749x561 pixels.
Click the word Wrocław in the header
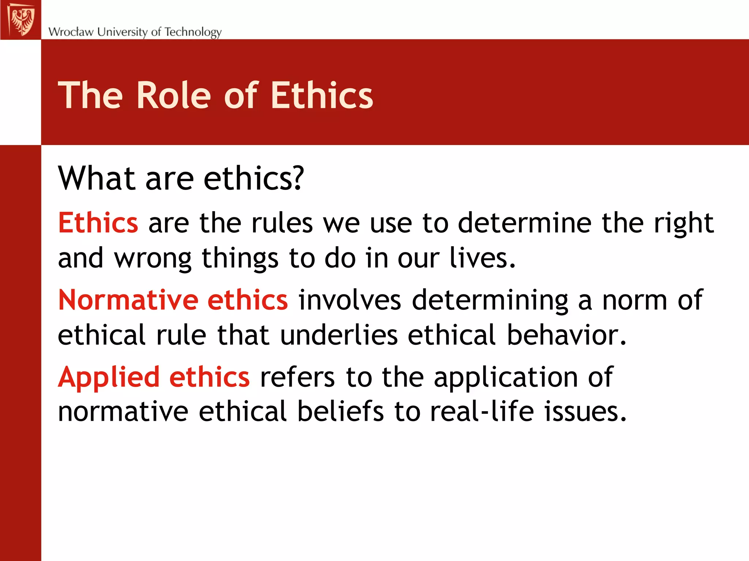[x=71, y=32]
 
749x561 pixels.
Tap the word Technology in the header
[x=193, y=32]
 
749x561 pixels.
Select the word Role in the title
[x=174, y=96]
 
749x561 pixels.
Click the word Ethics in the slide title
[x=321, y=96]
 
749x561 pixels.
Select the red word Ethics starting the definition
[x=98, y=223]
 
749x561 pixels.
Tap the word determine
[x=524, y=223]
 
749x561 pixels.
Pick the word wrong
[x=153, y=259]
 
